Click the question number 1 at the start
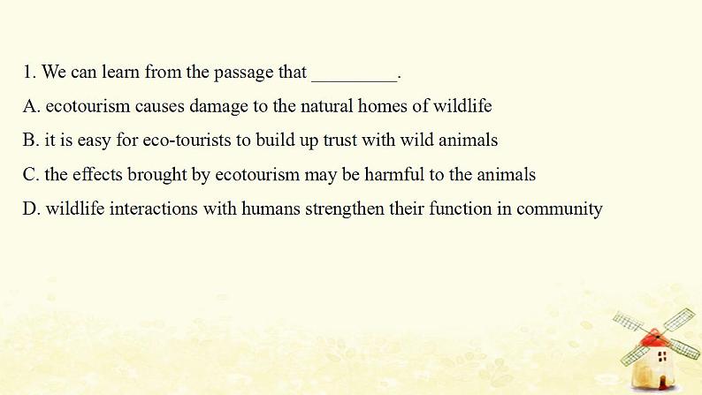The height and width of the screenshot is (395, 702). (x=29, y=72)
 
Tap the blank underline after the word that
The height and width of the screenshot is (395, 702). (x=355, y=81)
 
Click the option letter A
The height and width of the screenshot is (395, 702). (x=31, y=106)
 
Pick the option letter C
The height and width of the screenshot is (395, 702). (x=31, y=174)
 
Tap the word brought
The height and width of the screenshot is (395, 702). (x=156, y=175)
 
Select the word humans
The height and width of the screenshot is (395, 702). (x=271, y=209)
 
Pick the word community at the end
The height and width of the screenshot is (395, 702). (x=559, y=209)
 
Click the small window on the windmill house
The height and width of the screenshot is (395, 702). (x=662, y=356)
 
